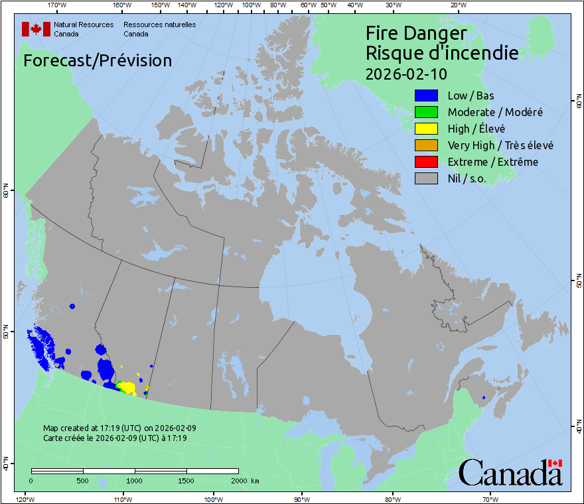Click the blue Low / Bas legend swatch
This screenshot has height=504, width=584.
coord(426,95)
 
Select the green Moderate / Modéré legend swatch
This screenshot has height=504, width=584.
coord(426,112)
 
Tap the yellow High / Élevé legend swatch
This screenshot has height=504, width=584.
coord(426,129)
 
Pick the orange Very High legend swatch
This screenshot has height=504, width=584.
coord(426,145)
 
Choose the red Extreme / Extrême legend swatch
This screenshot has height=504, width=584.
coord(426,162)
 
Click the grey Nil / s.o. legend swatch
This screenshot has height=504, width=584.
coord(426,178)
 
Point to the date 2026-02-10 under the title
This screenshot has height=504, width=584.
coord(406,73)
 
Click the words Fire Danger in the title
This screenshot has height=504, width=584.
coord(416,33)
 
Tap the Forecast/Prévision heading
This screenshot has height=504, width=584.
coord(98,60)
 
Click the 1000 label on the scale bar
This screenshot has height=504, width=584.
coord(135,480)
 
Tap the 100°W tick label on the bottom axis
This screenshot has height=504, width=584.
coord(213,499)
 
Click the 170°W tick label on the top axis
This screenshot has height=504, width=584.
coord(58,5)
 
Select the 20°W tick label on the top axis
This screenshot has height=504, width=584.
coord(457,5)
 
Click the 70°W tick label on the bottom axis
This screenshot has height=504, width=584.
coord(490,499)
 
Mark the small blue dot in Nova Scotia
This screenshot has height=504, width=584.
coord(484,397)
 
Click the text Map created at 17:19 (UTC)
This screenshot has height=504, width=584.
coord(119,428)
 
